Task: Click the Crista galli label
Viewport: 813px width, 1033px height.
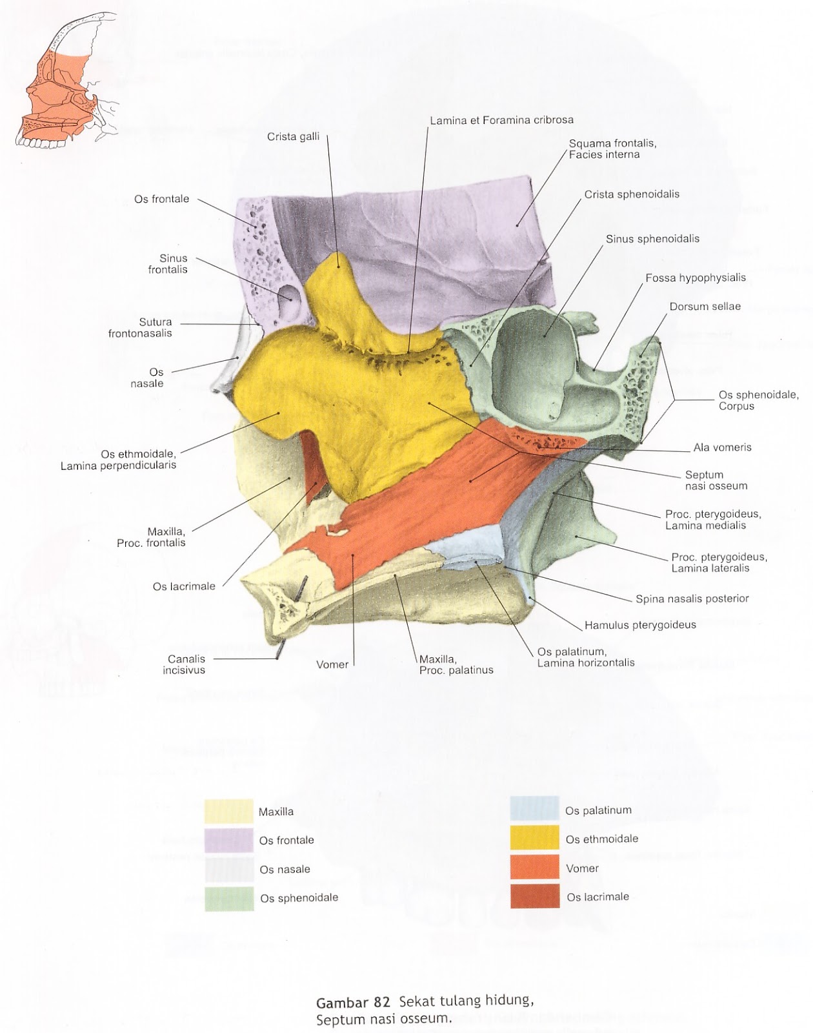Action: (293, 136)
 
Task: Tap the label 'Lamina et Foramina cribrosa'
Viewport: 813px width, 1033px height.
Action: (501, 119)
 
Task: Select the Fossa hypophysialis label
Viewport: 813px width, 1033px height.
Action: (695, 278)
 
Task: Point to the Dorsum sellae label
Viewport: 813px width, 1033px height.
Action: (705, 306)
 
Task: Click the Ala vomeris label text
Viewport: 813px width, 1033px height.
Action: (722, 447)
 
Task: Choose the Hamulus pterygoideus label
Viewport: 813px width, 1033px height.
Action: (640, 624)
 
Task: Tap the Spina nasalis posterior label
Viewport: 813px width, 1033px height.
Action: (692, 598)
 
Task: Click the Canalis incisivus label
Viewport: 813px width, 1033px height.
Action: (186, 664)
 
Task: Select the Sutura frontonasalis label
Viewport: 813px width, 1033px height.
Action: (140, 327)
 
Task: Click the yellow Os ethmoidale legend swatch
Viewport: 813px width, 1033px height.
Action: (534, 838)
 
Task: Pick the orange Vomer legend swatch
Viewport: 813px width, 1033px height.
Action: (534, 867)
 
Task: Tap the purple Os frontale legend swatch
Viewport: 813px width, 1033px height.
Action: (228, 840)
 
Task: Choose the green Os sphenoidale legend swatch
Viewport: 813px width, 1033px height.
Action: (228, 898)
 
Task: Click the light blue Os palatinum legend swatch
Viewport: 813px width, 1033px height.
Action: (534, 809)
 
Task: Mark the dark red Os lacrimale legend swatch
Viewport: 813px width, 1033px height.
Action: (534, 896)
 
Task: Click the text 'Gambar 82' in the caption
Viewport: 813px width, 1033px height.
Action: (353, 1003)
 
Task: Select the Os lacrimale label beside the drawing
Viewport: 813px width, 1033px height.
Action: (183, 586)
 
